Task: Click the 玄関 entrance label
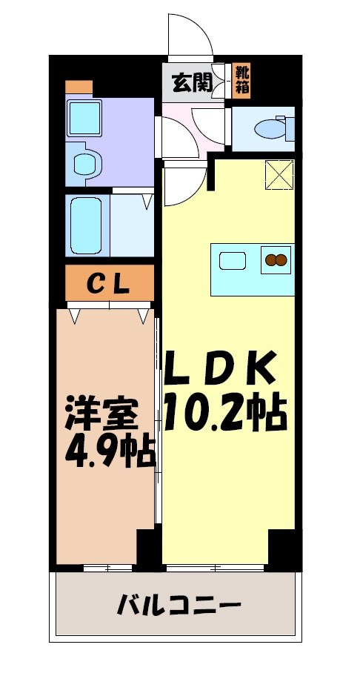[192, 82]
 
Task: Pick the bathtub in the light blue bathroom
[87, 225]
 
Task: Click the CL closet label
[109, 282]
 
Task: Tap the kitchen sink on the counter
[234, 261]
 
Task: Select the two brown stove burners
[276, 260]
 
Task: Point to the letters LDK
[220, 366]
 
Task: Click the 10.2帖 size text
[224, 412]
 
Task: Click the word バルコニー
[179, 607]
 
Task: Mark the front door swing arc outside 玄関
[189, 34]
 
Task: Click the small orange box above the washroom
[79, 87]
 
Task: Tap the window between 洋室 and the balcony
[108, 568]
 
